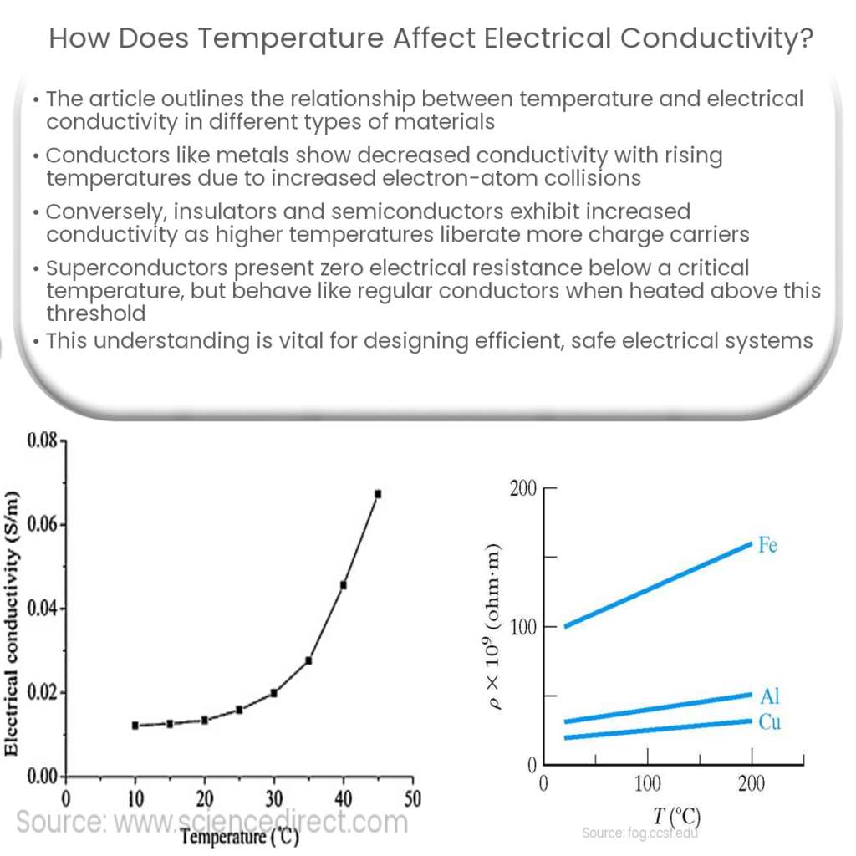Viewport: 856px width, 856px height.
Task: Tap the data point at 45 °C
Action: [378, 494]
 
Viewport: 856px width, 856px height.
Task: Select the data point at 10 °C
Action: [135, 726]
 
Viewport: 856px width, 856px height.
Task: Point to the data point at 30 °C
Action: [273, 692]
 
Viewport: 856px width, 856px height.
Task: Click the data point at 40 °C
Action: [344, 585]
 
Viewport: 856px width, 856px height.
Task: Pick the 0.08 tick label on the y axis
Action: [40, 441]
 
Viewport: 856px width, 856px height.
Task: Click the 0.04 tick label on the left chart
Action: [40, 609]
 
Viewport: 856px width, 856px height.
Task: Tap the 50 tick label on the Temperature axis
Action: [412, 798]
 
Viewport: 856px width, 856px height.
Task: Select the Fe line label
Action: [768, 546]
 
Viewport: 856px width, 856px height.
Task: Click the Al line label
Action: [770, 696]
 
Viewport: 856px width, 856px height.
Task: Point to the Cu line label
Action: [770, 721]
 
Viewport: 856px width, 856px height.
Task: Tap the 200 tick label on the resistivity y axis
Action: [522, 488]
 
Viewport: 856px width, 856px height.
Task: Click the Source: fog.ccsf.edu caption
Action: [641, 833]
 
